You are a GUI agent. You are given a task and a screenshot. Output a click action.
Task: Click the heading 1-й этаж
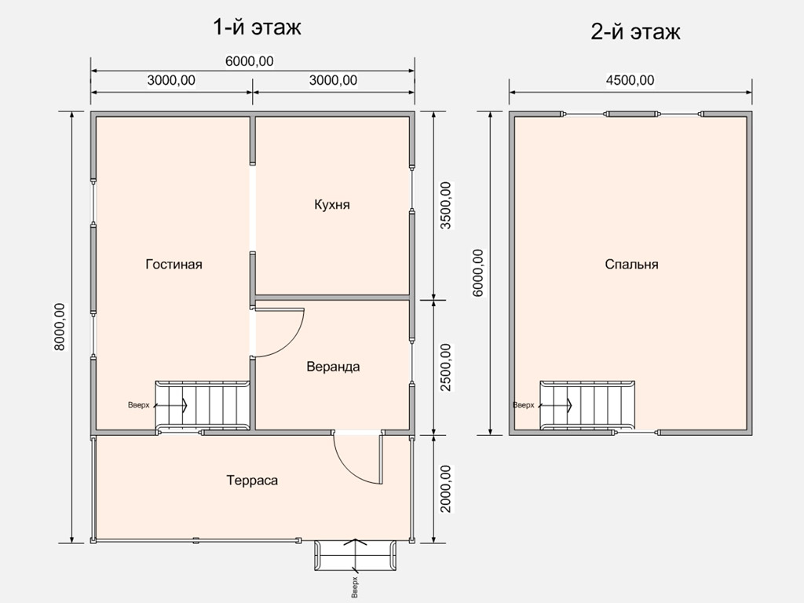(257, 27)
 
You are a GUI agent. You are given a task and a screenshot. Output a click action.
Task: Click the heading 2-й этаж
(635, 31)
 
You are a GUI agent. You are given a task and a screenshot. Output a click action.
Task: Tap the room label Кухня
(332, 205)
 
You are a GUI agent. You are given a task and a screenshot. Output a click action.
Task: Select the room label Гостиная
(174, 264)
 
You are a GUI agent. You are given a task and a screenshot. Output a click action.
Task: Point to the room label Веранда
(333, 367)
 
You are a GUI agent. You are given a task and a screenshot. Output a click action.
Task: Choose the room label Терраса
(252, 481)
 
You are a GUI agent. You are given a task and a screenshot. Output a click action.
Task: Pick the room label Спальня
(631, 264)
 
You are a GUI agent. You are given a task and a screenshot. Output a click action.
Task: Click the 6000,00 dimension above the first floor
(249, 61)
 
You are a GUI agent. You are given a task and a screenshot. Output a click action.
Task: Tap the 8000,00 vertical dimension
(60, 327)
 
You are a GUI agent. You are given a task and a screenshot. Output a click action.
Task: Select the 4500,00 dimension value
(630, 80)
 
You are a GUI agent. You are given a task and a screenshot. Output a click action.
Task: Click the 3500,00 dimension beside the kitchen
(446, 206)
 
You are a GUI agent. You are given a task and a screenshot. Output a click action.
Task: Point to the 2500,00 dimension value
(446, 367)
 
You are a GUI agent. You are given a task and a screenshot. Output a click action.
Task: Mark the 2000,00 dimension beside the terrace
(446, 488)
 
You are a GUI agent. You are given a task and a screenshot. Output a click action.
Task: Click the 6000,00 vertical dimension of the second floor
(478, 273)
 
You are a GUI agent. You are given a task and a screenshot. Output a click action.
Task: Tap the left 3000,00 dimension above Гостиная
(171, 80)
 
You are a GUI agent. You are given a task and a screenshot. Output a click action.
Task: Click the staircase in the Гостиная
(203, 406)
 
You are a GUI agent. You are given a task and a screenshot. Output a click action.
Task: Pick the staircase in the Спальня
(587, 406)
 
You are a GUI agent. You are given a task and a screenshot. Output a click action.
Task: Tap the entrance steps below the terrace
(355, 555)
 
